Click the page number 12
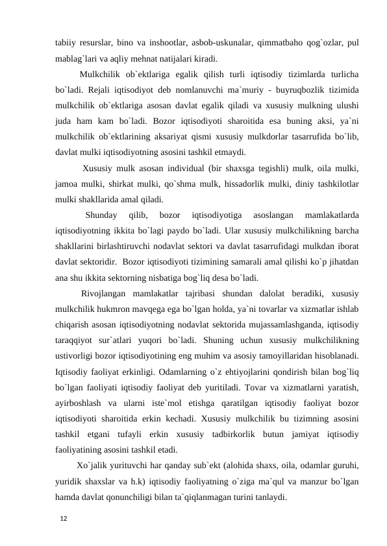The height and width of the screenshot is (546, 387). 62,519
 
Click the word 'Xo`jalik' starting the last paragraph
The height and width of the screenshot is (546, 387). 94,465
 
